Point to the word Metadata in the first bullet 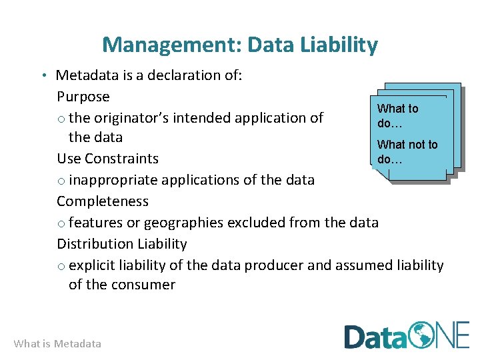85,75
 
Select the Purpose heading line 83,97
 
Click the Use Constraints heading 107,159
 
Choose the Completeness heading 103,201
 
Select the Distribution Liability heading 121,244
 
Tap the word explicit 93,265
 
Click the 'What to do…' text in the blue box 397,116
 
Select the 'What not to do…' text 407,152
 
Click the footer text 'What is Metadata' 57,344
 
